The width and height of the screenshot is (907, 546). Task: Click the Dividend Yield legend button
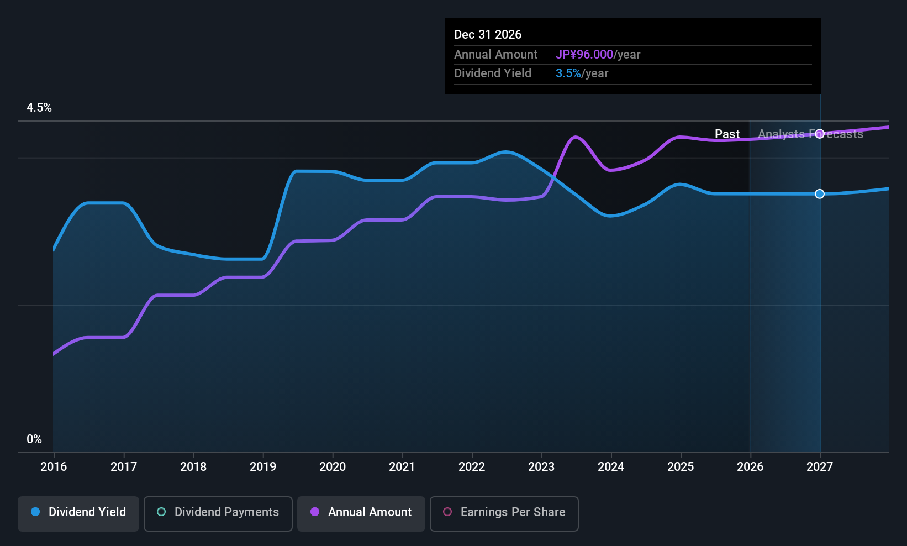click(x=78, y=513)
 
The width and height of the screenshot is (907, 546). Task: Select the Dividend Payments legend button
click(x=218, y=513)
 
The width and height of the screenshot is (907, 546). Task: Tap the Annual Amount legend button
click(x=361, y=513)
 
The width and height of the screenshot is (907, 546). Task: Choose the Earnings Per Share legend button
click(x=504, y=513)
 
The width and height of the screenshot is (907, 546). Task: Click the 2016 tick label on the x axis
click(x=54, y=466)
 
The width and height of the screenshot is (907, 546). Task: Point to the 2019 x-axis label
click(x=263, y=466)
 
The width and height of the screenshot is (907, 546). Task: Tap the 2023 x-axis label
click(x=541, y=466)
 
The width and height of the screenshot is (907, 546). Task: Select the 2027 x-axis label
click(x=820, y=466)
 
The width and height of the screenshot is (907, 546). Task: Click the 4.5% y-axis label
click(x=39, y=108)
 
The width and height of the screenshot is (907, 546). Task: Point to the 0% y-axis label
click(x=34, y=439)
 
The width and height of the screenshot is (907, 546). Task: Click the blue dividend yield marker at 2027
click(x=820, y=194)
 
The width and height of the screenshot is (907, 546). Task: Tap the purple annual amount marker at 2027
click(x=820, y=134)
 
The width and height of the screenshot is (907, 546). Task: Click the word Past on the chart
click(x=727, y=134)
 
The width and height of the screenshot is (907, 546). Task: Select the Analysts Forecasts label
click(x=811, y=134)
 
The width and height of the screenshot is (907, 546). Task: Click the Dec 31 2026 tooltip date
click(x=488, y=34)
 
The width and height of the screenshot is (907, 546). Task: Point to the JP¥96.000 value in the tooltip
click(x=584, y=54)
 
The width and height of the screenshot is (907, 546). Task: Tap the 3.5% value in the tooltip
click(x=568, y=73)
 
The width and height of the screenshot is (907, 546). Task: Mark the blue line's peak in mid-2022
click(x=506, y=153)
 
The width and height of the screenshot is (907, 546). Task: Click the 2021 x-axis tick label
click(x=402, y=466)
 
